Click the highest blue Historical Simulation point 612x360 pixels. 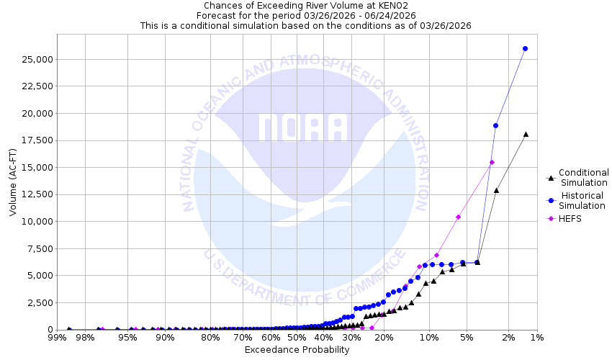[525, 48]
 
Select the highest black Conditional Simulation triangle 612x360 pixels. [526, 134]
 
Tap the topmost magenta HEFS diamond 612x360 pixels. [492, 162]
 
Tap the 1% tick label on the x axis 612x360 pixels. [536, 337]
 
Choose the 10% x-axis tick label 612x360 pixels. [429, 337]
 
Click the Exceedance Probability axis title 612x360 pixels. [297, 350]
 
